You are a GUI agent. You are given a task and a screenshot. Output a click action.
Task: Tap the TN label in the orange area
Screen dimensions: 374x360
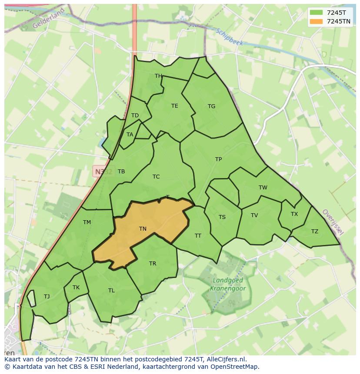coord(143,229)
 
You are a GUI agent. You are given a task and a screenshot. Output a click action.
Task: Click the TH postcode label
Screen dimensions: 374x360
coord(158,76)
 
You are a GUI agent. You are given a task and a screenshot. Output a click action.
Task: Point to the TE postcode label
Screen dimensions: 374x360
coord(174,106)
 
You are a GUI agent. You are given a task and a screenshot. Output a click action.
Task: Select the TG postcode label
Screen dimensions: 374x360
coord(211,106)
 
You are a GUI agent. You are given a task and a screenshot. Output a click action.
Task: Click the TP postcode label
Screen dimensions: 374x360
coord(218,159)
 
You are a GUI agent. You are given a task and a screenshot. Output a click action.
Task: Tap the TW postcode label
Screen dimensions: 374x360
coord(263,188)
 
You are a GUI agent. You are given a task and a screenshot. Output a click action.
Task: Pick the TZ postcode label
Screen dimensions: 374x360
coord(314,232)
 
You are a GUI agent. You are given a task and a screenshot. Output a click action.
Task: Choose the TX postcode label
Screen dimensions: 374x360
coord(294,214)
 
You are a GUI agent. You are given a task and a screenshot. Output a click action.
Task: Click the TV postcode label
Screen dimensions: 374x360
coord(254,215)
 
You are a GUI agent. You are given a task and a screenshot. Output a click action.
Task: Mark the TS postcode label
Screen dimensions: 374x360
coord(222,217)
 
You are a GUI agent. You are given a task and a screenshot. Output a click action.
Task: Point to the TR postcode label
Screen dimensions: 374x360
coord(153,264)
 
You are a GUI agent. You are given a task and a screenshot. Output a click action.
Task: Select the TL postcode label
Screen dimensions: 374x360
coord(111,291)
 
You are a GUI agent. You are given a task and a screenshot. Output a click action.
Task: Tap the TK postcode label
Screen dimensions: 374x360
coord(76,288)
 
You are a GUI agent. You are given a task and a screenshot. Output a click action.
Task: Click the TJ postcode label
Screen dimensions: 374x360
coord(47,297)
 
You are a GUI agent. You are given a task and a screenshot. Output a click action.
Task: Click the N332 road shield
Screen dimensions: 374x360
coord(103,172)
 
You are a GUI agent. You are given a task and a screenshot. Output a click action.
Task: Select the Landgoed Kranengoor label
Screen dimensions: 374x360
coord(228,285)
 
